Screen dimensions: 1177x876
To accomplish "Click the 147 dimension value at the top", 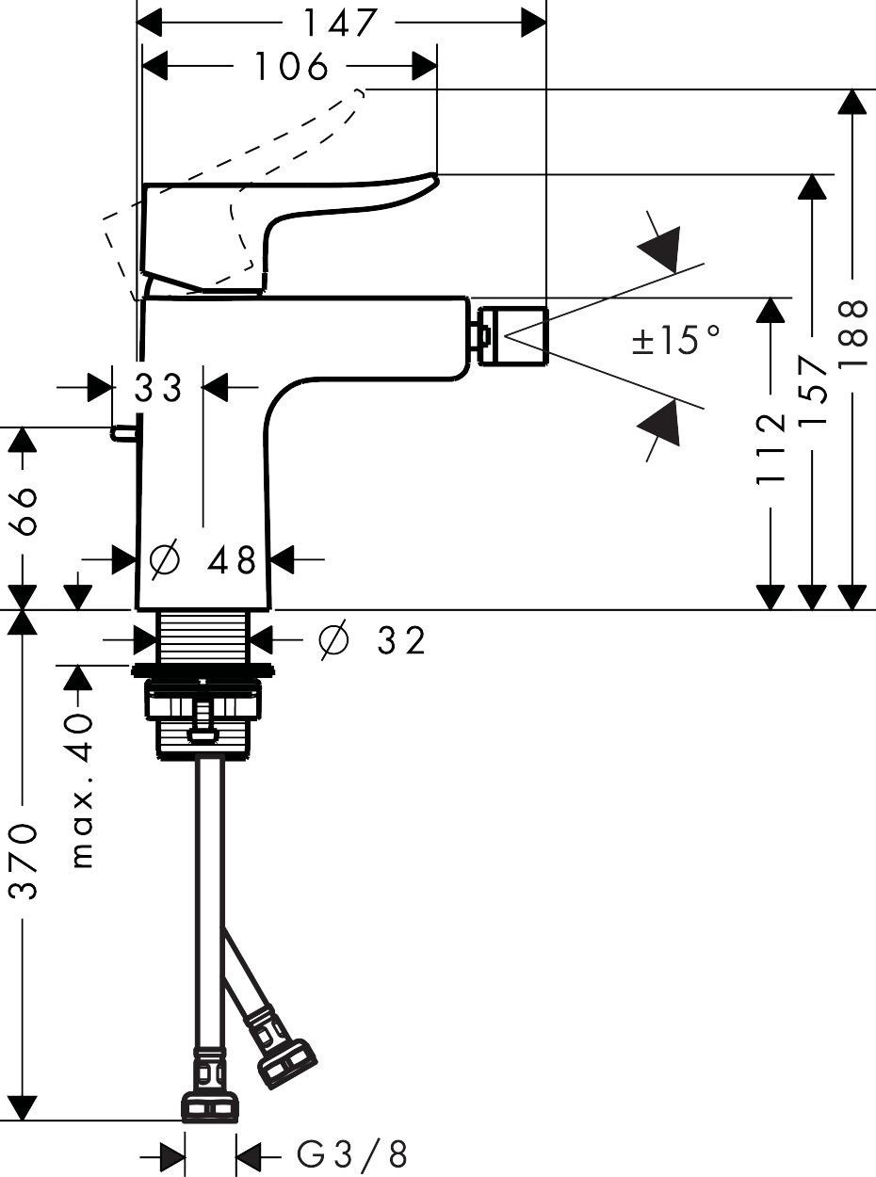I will tap(340, 23).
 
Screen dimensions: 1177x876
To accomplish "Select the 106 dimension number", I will tap(291, 67).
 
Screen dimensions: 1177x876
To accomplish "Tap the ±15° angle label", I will tap(676, 340).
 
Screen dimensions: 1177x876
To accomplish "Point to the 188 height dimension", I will tap(852, 324).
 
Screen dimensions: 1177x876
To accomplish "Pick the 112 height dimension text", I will tap(771, 448).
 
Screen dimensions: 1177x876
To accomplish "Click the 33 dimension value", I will tap(157, 387).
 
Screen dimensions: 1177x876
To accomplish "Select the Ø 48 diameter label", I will tap(203, 561).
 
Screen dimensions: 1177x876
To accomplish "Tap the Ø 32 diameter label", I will tap(373, 640).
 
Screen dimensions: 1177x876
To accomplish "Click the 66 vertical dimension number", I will tap(25, 511).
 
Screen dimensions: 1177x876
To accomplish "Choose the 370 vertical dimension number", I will tap(25, 860).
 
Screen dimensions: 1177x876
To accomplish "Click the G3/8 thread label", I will tap(352, 1153).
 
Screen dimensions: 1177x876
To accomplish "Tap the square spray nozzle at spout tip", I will tap(512, 335).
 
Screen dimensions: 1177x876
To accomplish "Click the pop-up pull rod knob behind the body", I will tap(122, 432).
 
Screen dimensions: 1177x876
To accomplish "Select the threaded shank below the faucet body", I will tap(203, 637).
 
